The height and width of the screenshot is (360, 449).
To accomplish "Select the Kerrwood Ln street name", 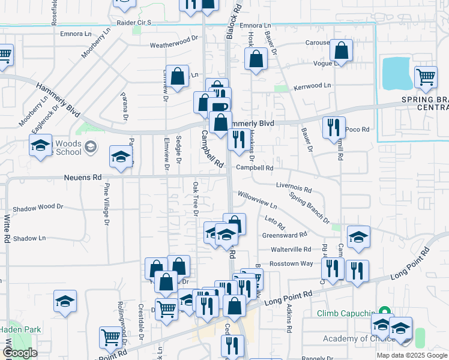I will (x=312, y=86).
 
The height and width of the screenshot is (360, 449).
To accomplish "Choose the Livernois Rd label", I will (x=294, y=188).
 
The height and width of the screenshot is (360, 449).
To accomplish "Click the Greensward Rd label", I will (x=285, y=235).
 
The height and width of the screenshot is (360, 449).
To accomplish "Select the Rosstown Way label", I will (x=291, y=263).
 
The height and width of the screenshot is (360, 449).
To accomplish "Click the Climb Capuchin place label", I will (x=347, y=313).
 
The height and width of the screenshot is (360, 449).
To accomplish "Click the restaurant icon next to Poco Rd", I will (x=333, y=127).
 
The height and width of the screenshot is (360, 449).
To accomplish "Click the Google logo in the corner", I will (x=19, y=353).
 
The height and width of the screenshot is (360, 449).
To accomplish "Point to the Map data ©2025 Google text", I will (x=412, y=355).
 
